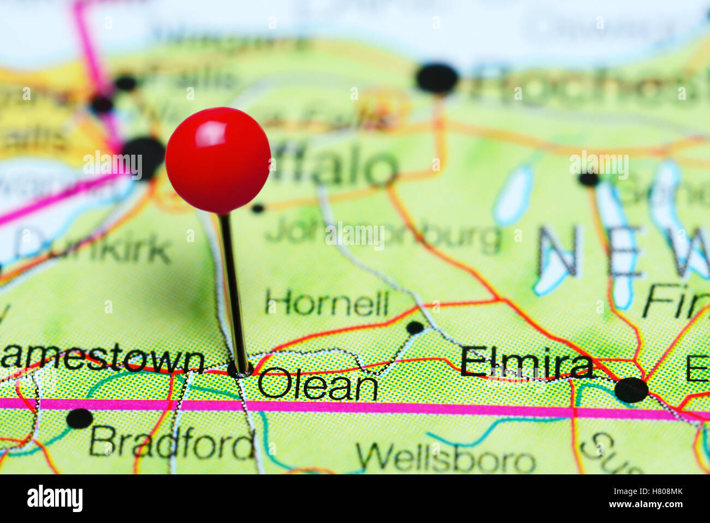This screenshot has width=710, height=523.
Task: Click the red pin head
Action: pos(218,160)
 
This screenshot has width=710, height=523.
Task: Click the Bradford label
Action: pos(171,443)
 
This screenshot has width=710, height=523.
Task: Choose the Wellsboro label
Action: pos(445,458)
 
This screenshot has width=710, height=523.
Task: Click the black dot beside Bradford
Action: pos(80,419)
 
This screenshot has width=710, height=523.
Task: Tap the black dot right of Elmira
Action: pos(631,390)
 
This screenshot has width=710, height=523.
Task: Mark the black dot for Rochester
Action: pos(437,78)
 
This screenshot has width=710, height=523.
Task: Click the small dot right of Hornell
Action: pos(415,328)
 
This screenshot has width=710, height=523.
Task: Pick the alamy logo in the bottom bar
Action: pos(55,499)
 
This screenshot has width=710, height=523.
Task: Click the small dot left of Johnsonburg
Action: pos(257,208)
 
